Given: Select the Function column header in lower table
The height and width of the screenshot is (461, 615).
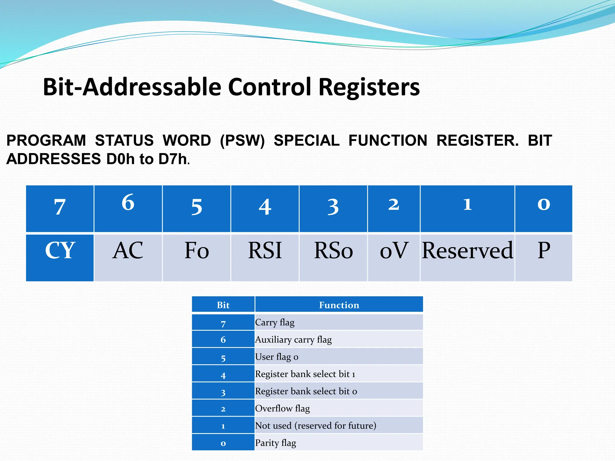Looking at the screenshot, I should (339, 305).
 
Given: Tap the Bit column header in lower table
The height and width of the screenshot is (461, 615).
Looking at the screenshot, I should (223, 305).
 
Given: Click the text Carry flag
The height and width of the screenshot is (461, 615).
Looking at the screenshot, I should (275, 322).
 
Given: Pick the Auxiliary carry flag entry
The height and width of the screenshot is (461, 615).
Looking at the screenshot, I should (293, 339).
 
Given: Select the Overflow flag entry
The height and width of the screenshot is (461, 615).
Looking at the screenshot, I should (282, 408).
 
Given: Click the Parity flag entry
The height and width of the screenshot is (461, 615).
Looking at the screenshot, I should (275, 443).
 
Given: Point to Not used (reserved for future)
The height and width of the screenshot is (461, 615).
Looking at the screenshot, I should (315, 426).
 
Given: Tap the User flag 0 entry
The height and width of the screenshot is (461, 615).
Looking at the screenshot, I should (277, 357).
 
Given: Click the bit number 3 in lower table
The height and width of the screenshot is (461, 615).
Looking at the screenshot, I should (223, 392).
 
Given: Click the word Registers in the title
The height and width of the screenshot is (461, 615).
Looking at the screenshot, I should (369, 87).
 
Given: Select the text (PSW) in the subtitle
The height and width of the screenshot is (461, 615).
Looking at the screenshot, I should (242, 140).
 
